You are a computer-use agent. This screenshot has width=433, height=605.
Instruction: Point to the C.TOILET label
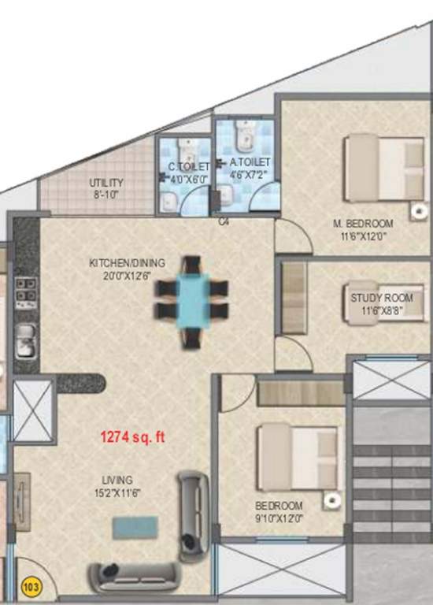coord(189,167)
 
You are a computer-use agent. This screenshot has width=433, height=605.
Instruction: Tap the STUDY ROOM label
coord(381,298)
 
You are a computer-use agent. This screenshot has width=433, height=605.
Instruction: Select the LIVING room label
coord(116,480)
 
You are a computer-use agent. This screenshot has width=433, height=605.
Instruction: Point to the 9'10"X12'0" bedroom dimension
coord(279,517)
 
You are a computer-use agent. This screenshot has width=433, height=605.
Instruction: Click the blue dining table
coord(192,299)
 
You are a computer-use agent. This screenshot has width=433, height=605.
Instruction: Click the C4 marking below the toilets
coord(224,222)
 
